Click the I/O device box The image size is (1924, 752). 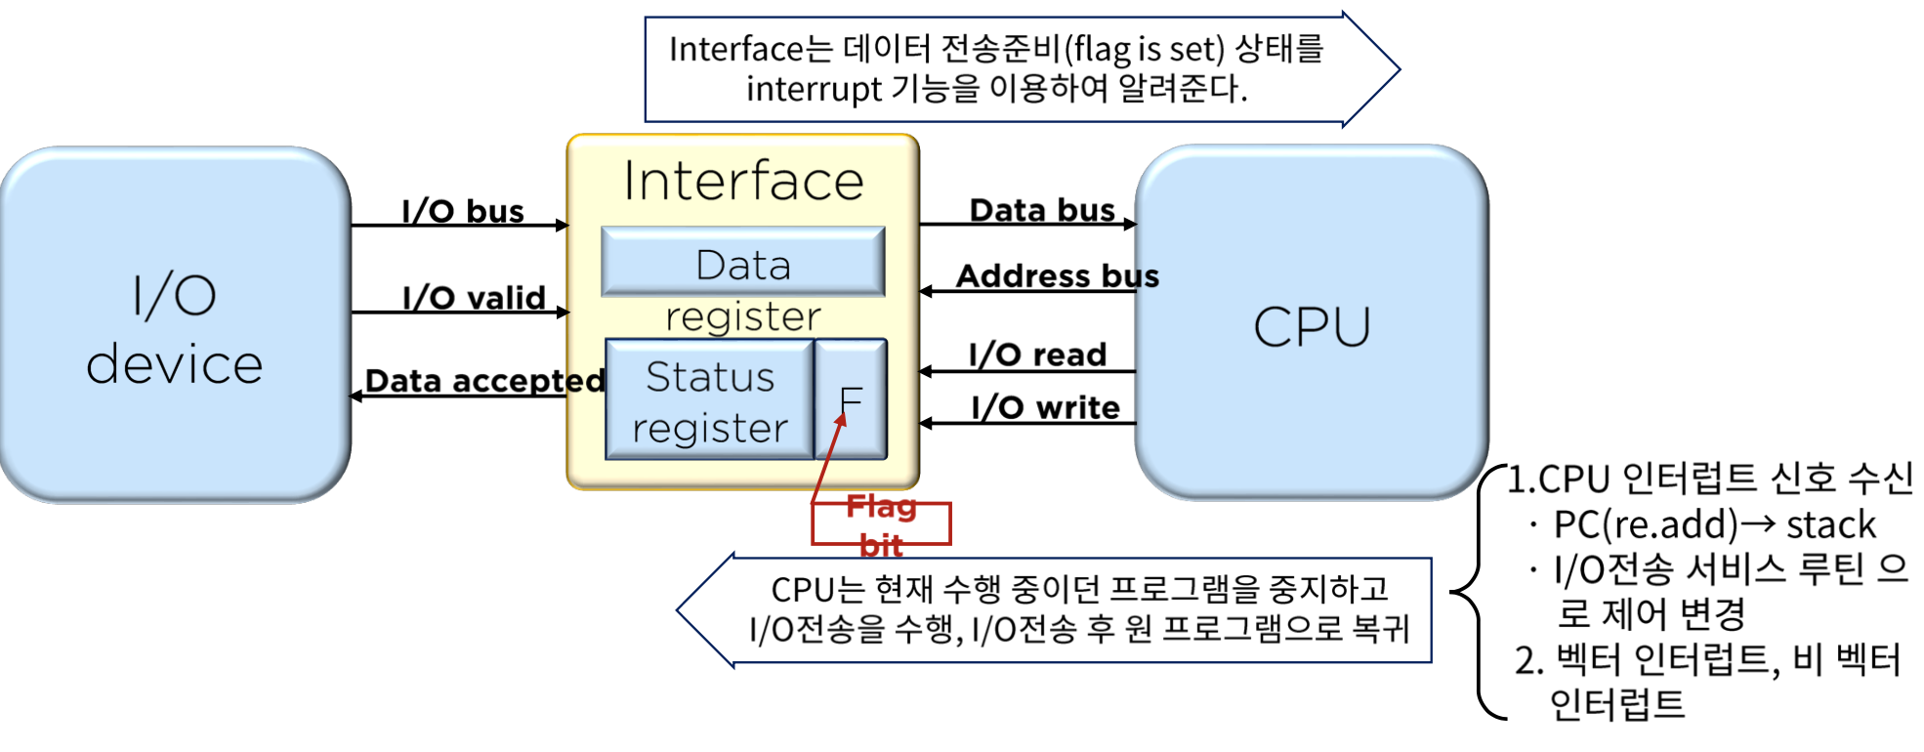click(x=175, y=325)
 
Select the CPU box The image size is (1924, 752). click(x=1312, y=325)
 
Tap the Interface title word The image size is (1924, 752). click(x=743, y=182)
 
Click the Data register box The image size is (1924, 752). click(x=743, y=262)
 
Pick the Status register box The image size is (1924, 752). click(x=710, y=399)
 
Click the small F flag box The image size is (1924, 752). click(x=852, y=399)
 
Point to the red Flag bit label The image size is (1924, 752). click(x=881, y=524)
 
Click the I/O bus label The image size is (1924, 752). click(x=463, y=211)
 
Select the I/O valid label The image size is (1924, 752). click(x=474, y=297)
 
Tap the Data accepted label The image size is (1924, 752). click(x=484, y=380)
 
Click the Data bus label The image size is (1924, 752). click(x=1042, y=210)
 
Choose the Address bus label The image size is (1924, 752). click(x=1058, y=276)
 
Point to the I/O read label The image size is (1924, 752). click(x=1037, y=355)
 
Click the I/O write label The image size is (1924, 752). click(x=1045, y=407)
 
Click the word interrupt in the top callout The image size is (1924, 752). click(x=814, y=90)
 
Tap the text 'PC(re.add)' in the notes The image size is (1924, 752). click(x=1647, y=525)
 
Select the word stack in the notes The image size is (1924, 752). click(x=1831, y=525)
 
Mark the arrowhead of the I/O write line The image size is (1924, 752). click(x=925, y=424)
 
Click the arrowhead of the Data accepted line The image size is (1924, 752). click(x=356, y=396)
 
